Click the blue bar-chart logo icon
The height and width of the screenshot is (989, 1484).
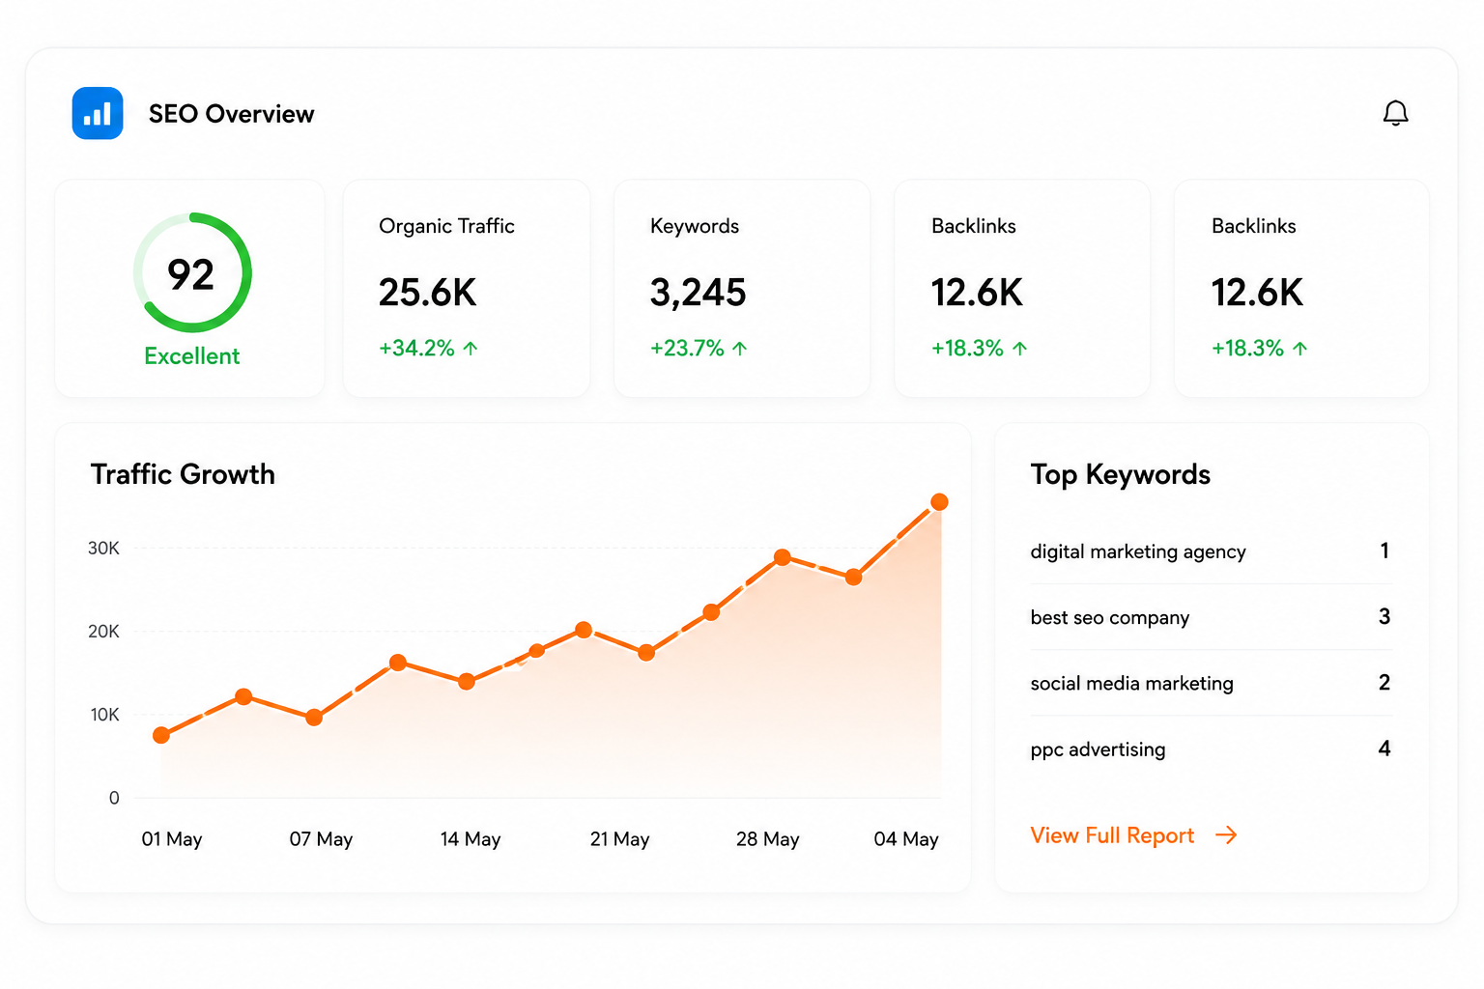98,113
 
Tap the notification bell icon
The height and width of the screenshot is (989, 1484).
1395,113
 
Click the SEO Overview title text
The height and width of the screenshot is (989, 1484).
231,114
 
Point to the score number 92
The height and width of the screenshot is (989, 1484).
190,274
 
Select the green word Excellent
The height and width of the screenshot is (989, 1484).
192,355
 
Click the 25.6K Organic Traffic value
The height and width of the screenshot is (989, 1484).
427,292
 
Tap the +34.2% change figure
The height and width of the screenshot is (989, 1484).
416,348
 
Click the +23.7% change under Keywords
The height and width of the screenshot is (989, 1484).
687,348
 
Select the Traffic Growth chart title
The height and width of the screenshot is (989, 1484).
183,474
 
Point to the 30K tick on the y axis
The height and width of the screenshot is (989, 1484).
104,548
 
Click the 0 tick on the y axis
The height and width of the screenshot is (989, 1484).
114,798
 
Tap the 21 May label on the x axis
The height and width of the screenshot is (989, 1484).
619,838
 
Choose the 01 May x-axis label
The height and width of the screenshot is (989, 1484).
172,838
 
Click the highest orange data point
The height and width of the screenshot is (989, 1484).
939,502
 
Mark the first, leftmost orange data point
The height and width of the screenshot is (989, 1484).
161,735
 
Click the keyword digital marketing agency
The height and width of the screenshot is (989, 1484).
1138,551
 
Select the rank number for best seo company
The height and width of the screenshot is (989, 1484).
1384,617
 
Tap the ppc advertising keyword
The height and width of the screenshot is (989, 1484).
1098,749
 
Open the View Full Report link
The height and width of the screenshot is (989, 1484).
1133,835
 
